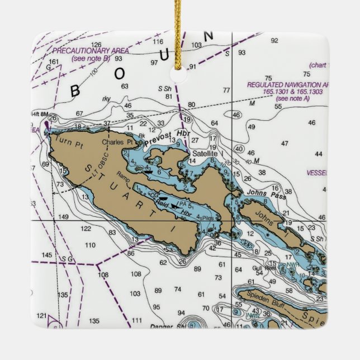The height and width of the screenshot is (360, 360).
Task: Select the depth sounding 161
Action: click(x=54, y=61)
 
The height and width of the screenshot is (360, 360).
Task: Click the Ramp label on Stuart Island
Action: click(x=123, y=174)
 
